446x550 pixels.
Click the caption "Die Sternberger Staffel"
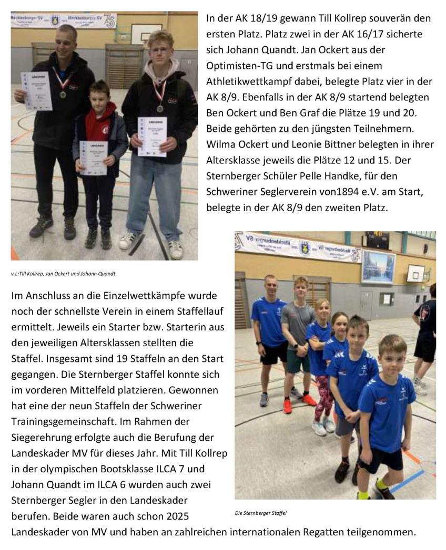tap(261, 513)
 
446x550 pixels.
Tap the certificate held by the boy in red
tap(94, 158)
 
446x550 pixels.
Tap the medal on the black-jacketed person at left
tap(63, 95)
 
